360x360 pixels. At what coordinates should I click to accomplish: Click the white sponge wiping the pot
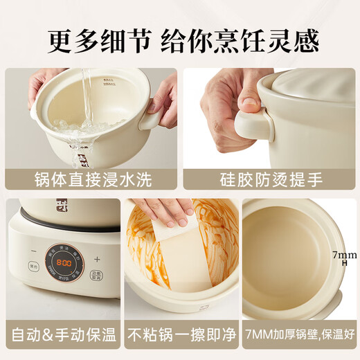point(177,242)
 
